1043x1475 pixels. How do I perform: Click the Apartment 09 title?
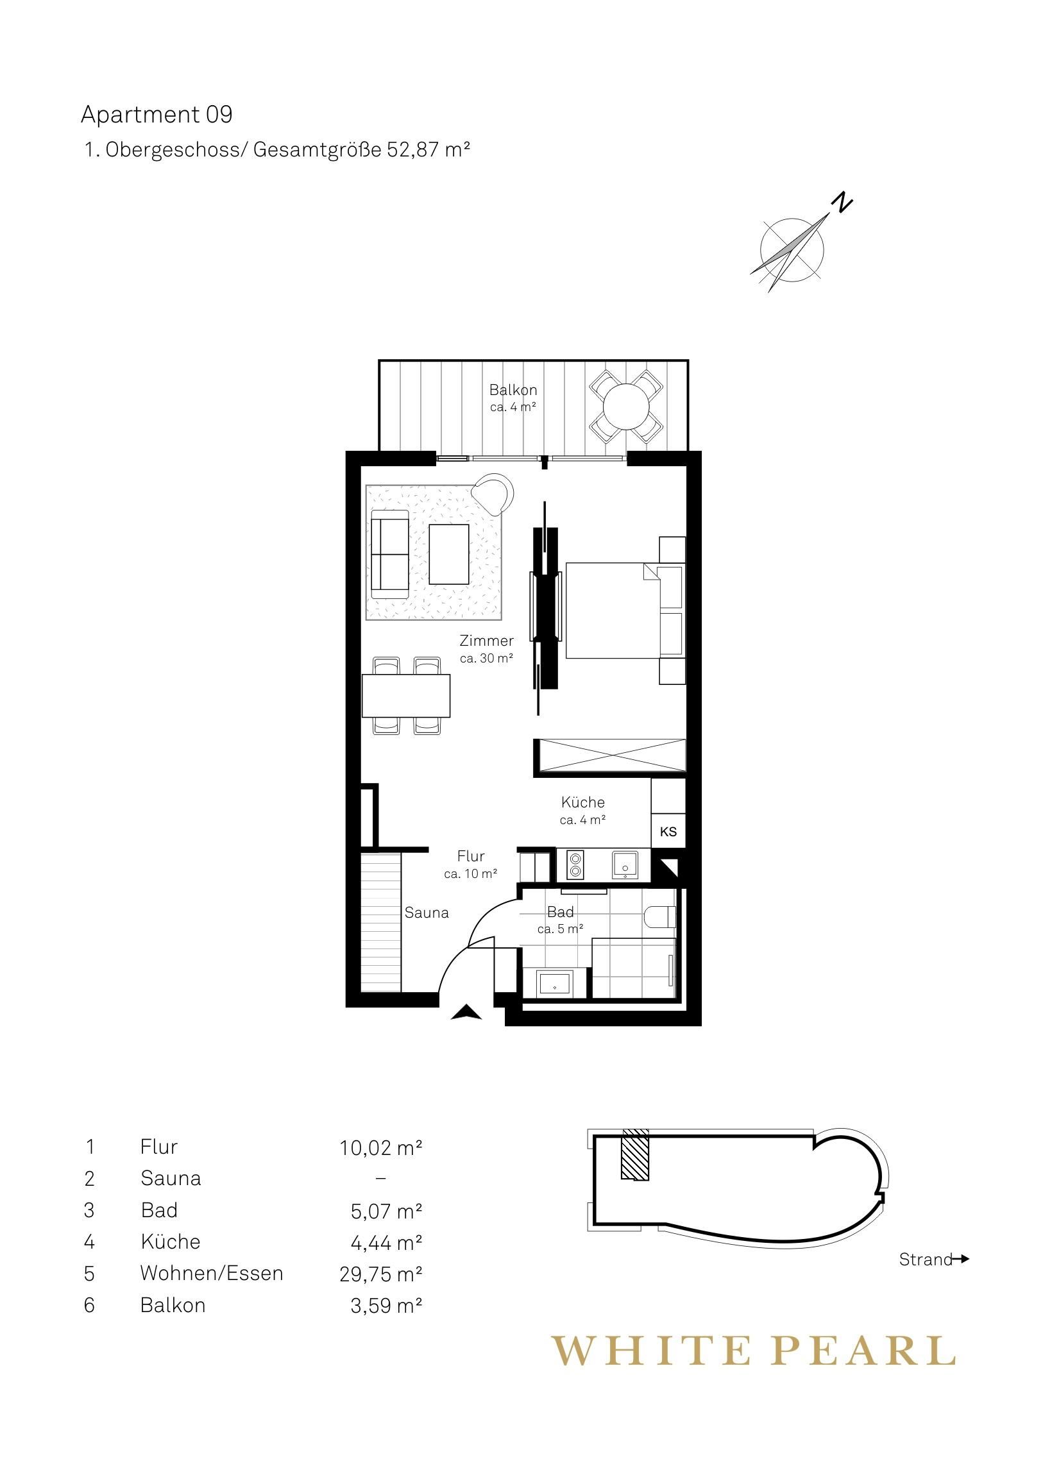[x=156, y=115]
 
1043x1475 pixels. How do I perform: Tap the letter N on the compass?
[x=841, y=203]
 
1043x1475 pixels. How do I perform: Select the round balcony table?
[x=626, y=406]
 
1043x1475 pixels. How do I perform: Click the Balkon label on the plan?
[x=513, y=390]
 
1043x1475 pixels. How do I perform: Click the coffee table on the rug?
[x=448, y=554]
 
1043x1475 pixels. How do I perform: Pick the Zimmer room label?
[x=486, y=641]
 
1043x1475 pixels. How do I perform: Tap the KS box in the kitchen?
[x=668, y=831]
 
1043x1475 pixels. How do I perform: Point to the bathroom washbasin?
[x=554, y=983]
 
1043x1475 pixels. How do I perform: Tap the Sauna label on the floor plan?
[x=426, y=913]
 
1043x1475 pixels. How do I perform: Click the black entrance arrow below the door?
[x=466, y=1013]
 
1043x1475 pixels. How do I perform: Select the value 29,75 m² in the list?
[x=380, y=1274]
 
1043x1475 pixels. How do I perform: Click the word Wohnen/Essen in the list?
[x=212, y=1273]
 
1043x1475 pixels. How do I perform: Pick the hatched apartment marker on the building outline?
[x=635, y=1155]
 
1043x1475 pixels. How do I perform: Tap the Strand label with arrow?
[x=934, y=1260]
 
